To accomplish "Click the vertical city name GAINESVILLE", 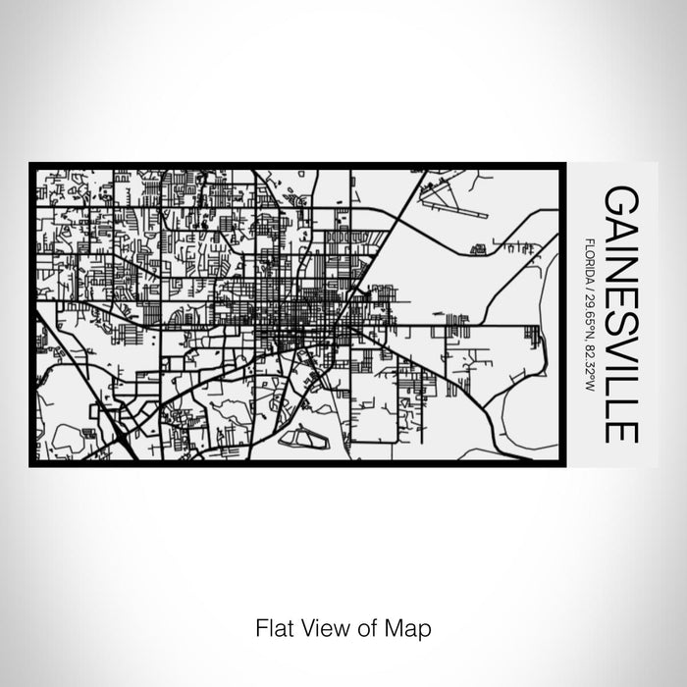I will (x=620, y=313).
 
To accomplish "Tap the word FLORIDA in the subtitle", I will (x=587, y=257).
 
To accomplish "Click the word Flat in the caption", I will (x=271, y=626).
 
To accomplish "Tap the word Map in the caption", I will (x=412, y=626).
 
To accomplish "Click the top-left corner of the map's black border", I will (x=31, y=164).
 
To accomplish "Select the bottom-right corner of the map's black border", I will (x=567, y=464).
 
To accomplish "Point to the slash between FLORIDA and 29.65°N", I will (x=587, y=283).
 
